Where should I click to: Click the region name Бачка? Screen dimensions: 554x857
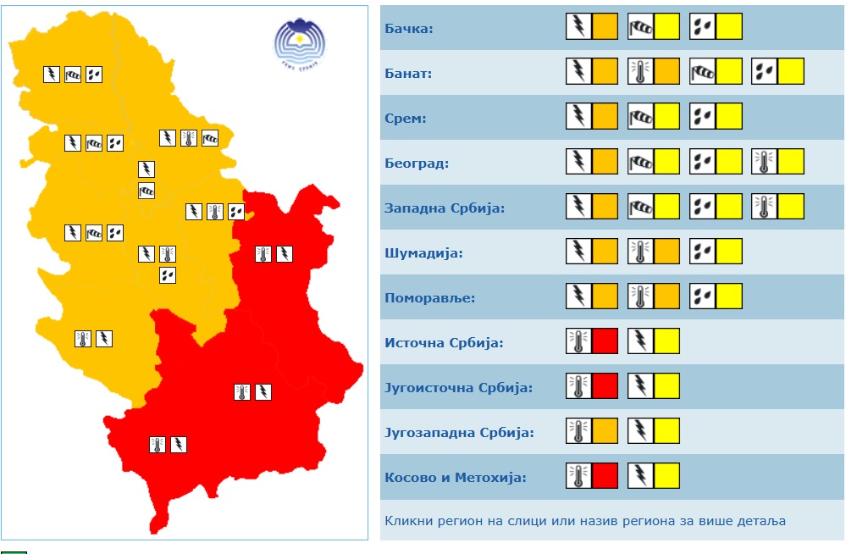point(409,29)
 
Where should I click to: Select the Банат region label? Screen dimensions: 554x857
point(408,74)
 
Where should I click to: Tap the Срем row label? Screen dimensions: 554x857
point(406,119)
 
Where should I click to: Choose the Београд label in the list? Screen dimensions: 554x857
point(417,163)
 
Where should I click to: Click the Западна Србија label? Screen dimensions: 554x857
point(445,208)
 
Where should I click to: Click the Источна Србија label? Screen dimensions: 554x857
point(444,343)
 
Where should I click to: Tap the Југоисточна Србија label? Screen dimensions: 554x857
point(458,388)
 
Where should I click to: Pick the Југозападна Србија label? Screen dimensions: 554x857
point(459,433)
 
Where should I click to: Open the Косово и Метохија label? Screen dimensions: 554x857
point(456,478)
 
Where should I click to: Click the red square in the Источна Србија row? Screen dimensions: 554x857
point(605,341)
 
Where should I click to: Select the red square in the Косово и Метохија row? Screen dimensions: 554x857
point(605,476)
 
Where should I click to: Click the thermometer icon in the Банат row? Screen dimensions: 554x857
point(640,72)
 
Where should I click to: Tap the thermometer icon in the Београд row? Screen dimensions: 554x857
point(765,162)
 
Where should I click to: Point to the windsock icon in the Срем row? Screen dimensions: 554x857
point(640,117)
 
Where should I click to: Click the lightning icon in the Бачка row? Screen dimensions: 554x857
point(578,27)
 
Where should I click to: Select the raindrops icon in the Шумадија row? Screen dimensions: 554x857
point(702,252)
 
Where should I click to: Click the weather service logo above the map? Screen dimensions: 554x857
point(299,40)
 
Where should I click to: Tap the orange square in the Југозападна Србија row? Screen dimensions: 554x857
point(605,431)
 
